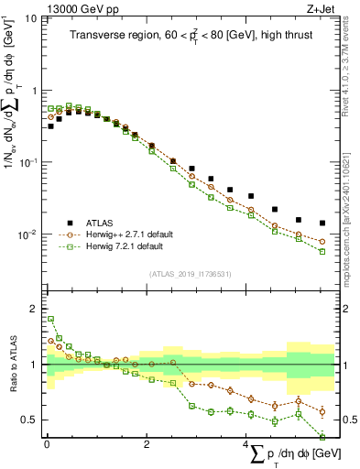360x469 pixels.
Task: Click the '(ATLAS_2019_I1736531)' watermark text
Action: (x=190, y=274)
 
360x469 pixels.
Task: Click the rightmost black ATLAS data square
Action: (x=322, y=223)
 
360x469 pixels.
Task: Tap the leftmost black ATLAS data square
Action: (x=50, y=125)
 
